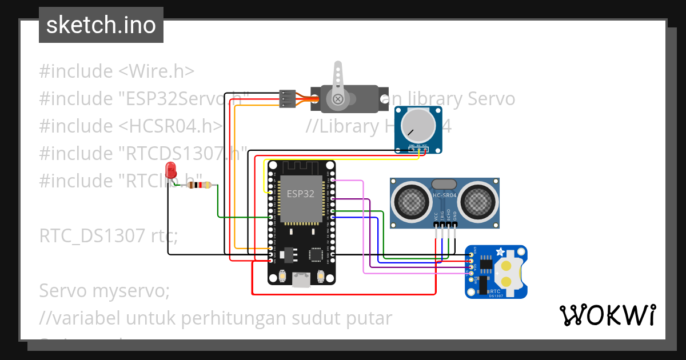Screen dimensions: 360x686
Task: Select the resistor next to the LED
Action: tap(200, 185)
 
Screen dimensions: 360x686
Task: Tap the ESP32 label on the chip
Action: tap(301, 194)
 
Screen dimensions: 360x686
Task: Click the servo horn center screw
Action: tap(338, 99)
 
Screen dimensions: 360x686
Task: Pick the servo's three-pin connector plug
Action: tap(287, 99)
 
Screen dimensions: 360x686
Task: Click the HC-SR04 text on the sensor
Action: tap(445, 195)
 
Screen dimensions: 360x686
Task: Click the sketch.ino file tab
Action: tap(101, 25)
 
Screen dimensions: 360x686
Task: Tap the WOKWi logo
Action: tap(607, 315)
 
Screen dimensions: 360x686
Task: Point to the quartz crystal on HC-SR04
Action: tap(444, 184)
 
